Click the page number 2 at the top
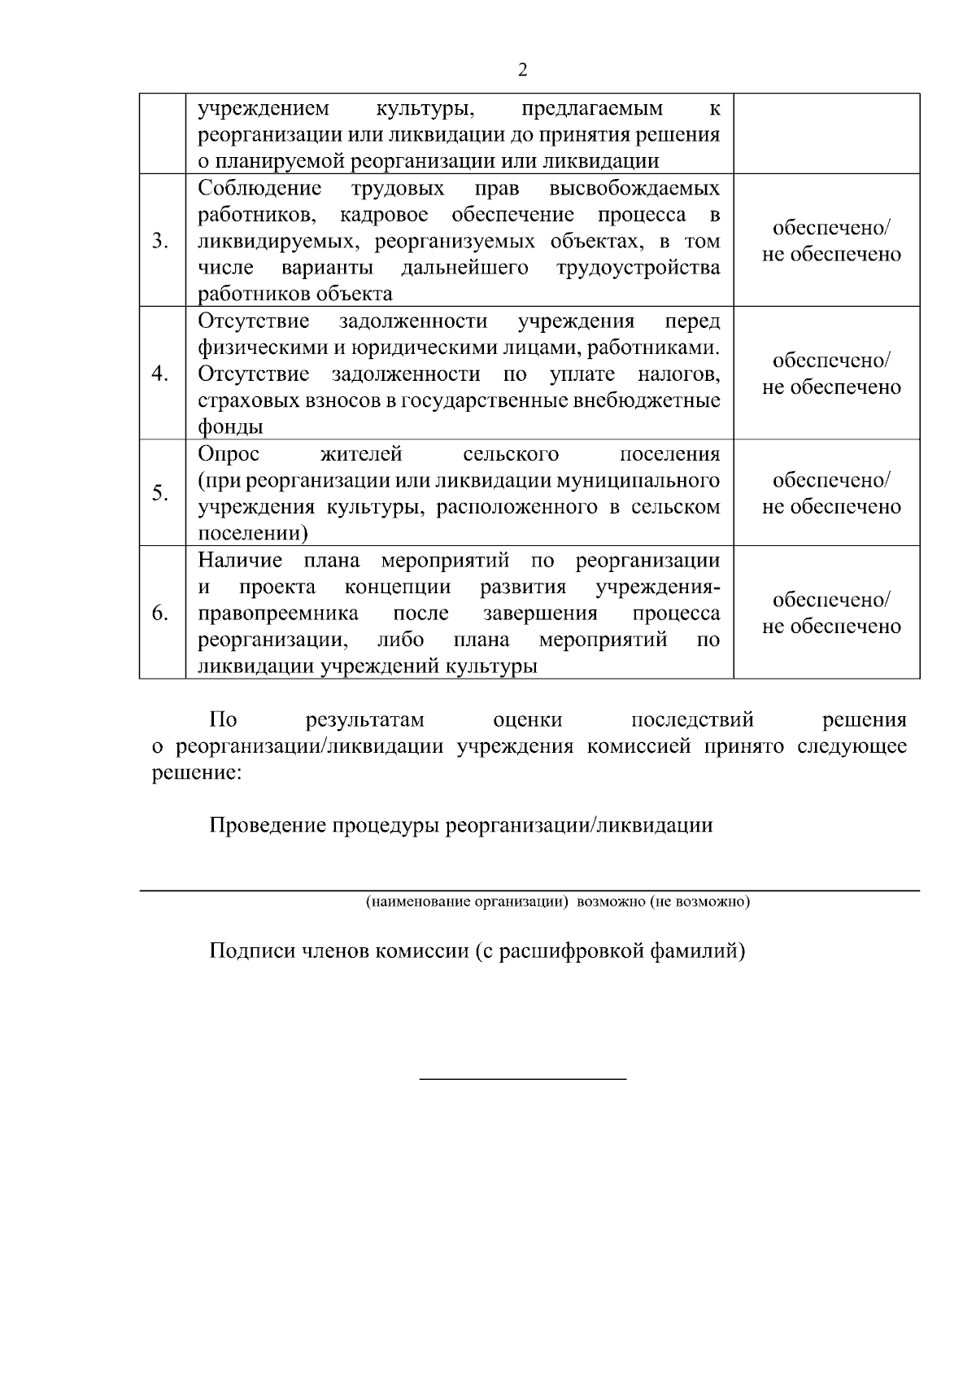tap(522, 70)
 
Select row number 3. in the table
tap(160, 241)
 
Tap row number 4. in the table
tap(160, 374)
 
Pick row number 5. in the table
tap(160, 493)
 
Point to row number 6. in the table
tap(160, 613)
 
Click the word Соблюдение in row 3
tap(259, 189)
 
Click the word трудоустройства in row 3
tap(638, 268)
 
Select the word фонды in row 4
tap(231, 426)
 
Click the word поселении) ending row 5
tap(253, 533)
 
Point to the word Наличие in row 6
tap(241, 560)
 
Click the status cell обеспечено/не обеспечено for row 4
tap(830, 374)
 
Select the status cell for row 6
tap(830, 613)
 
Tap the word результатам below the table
tap(366, 720)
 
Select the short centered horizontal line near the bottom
tap(522, 1079)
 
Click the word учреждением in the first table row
tap(264, 109)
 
